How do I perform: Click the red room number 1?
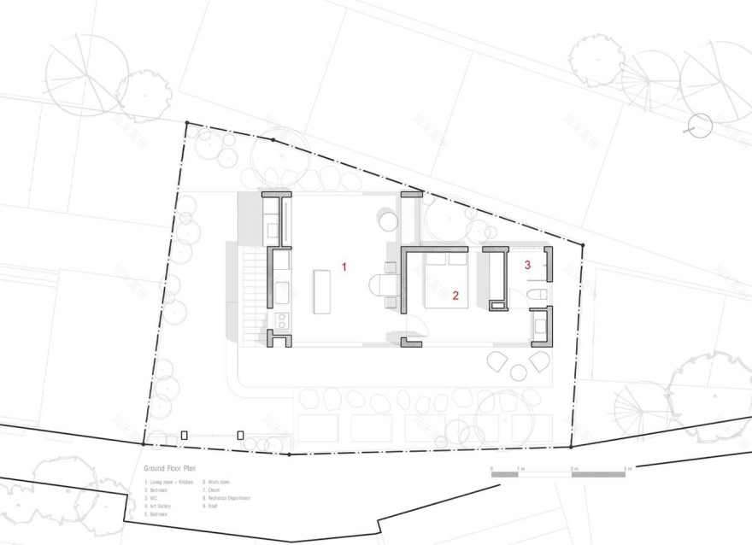click(x=344, y=267)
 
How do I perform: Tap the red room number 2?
click(x=455, y=296)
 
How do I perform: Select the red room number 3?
click(x=527, y=266)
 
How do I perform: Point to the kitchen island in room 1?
click(x=322, y=291)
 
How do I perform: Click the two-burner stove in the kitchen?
click(x=281, y=322)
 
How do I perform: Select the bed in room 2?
click(x=446, y=281)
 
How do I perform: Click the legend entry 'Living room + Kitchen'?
click(x=169, y=483)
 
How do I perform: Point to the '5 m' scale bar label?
click(x=627, y=469)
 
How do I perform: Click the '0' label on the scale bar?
click(x=491, y=469)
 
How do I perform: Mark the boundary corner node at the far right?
click(x=583, y=246)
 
